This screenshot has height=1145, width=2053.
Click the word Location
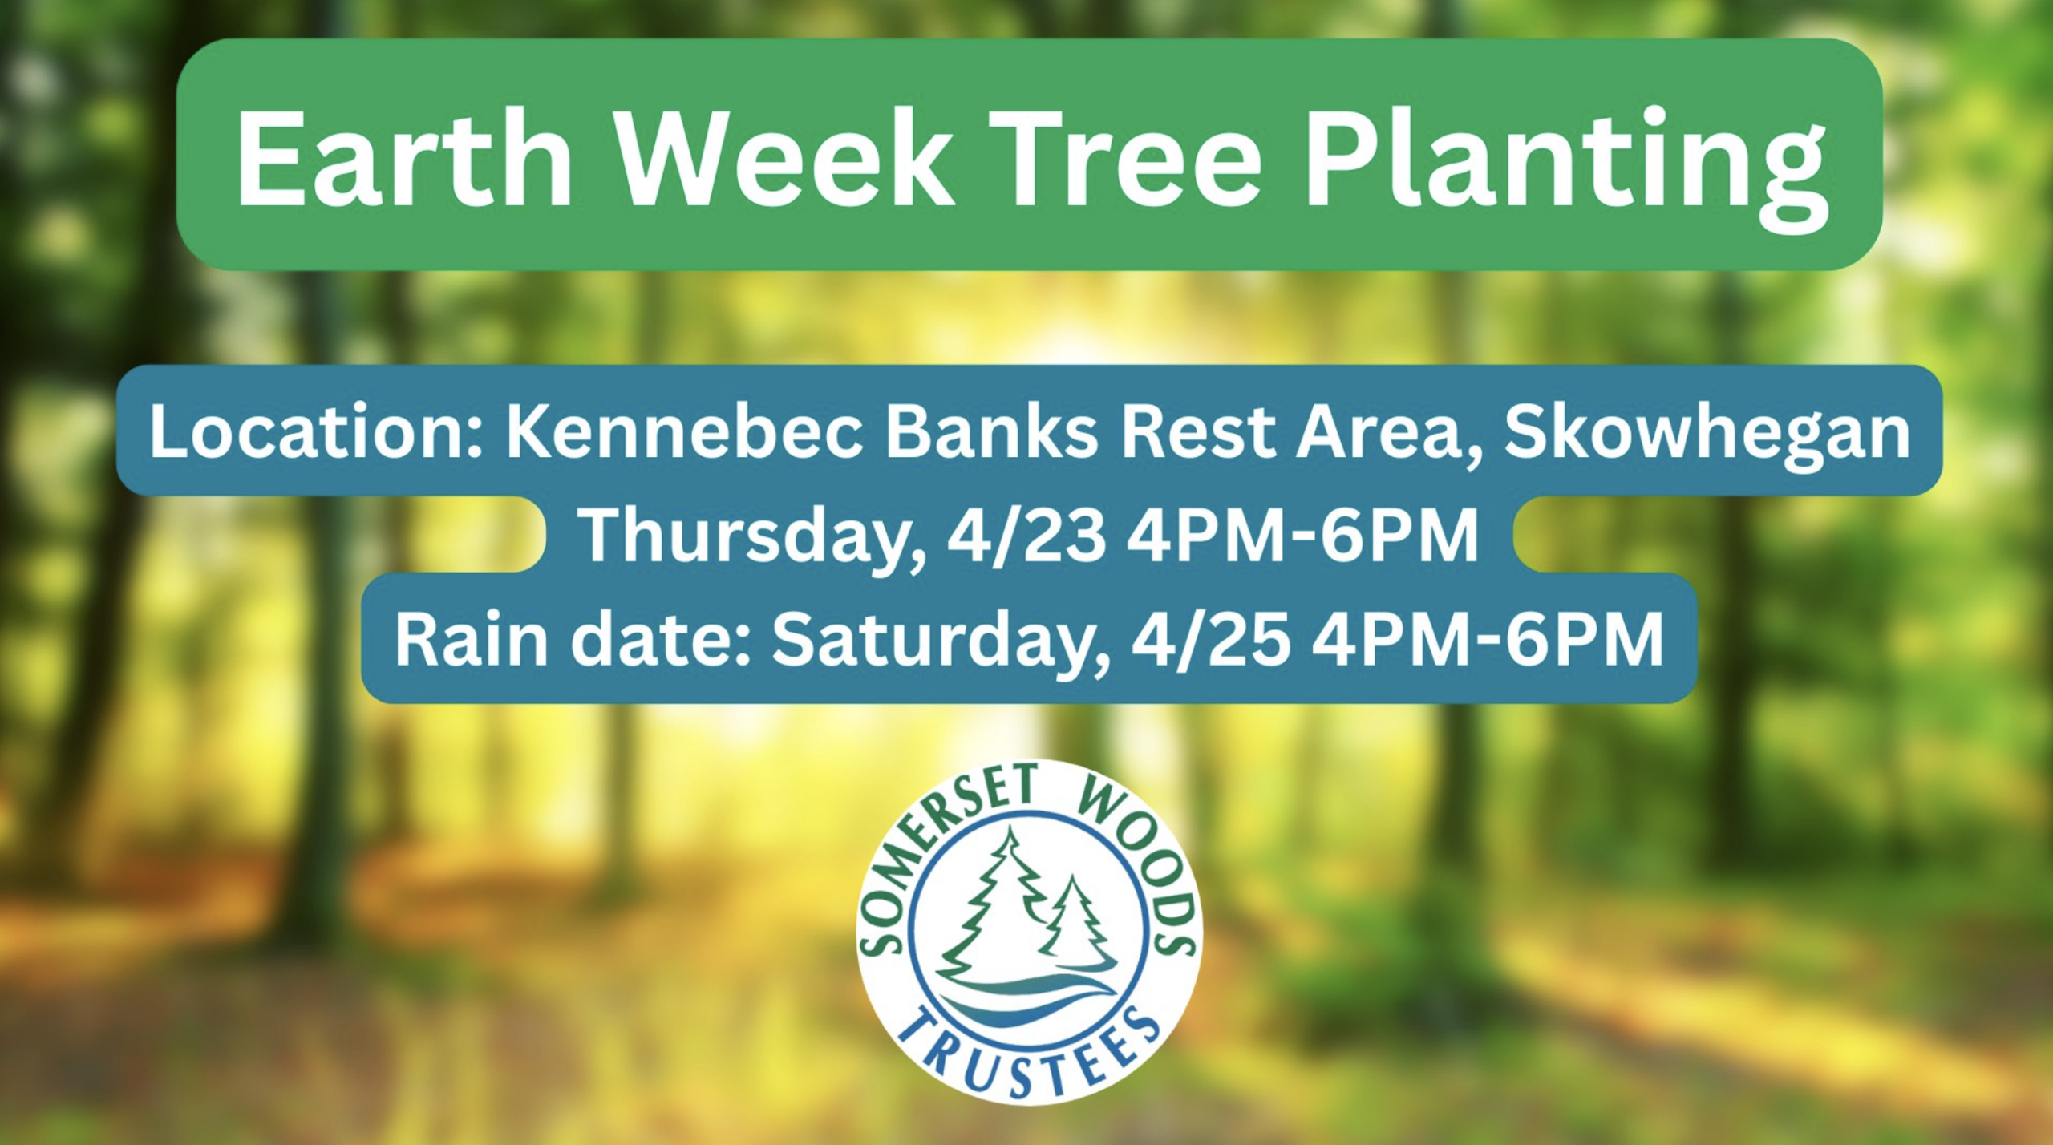coord(316,433)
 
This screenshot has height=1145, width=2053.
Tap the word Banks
coord(992,433)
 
